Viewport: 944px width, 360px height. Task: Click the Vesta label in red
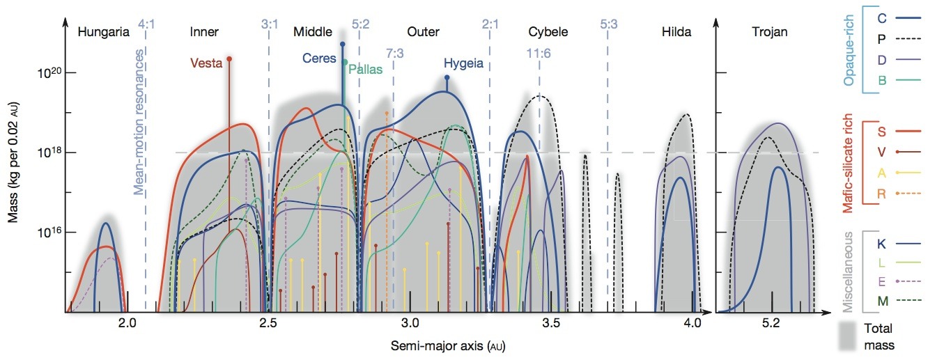point(206,63)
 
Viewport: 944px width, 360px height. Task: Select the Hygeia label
point(463,63)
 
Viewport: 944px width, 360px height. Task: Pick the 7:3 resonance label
point(394,54)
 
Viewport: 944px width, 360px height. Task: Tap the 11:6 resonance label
point(539,54)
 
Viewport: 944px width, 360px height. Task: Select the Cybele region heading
point(548,31)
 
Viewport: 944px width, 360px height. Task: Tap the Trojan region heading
point(770,31)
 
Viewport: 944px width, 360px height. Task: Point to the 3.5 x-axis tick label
point(551,323)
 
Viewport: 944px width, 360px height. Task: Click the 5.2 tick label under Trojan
point(771,323)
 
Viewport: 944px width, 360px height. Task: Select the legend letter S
point(881,130)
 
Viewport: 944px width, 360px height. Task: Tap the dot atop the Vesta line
point(229,58)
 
